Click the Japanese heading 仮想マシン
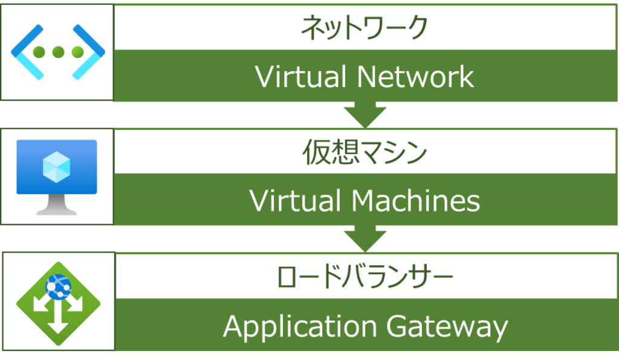coord(365,153)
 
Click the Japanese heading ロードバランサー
coord(365,277)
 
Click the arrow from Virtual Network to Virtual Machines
coord(365,115)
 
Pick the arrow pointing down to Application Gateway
coord(365,239)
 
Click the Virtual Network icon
coord(58,52)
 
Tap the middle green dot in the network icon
coord(58,52)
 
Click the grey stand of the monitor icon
coord(57,206)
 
